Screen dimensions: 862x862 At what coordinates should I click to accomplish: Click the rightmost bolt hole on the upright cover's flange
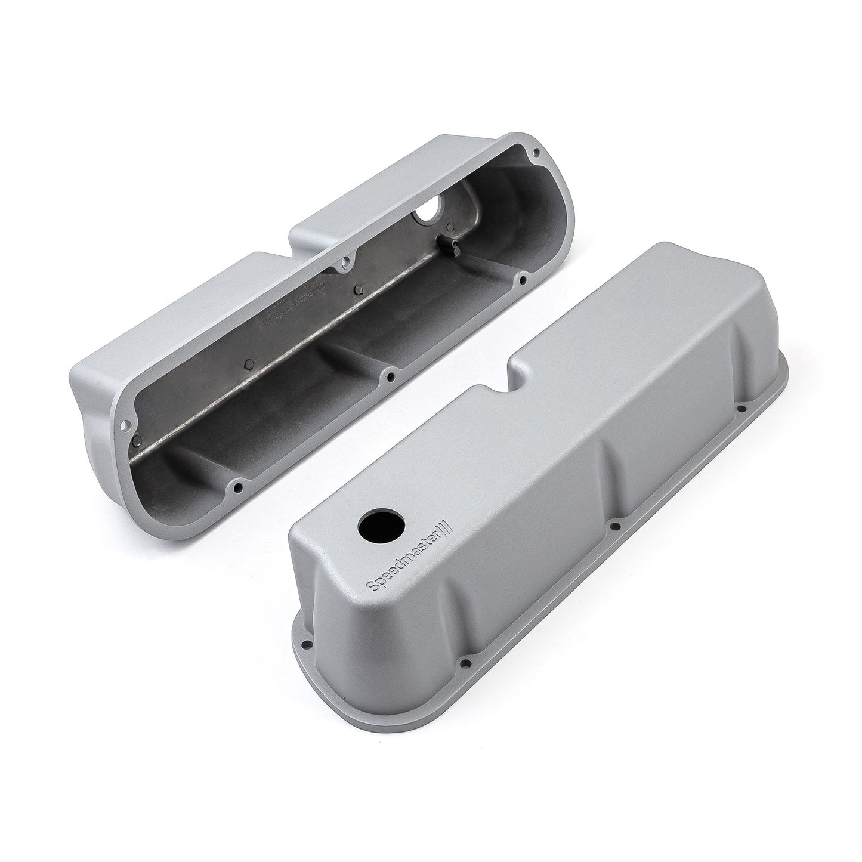tap(740, 409)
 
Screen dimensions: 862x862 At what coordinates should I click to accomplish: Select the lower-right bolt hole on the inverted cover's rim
tap(522, 279)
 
